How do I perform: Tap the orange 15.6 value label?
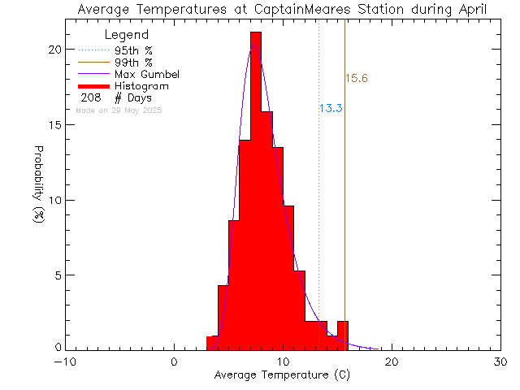point(357,79)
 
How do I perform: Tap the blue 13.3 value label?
point(330,108)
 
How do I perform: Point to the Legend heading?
point(127,35)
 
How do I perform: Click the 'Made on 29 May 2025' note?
point(119,110)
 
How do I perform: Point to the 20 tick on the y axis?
point(53,50)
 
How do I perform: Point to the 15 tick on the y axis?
point(54,125)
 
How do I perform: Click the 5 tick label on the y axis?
point(56,275)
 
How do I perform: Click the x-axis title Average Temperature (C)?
point(283,375)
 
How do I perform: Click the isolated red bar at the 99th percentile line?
point(343,336)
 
